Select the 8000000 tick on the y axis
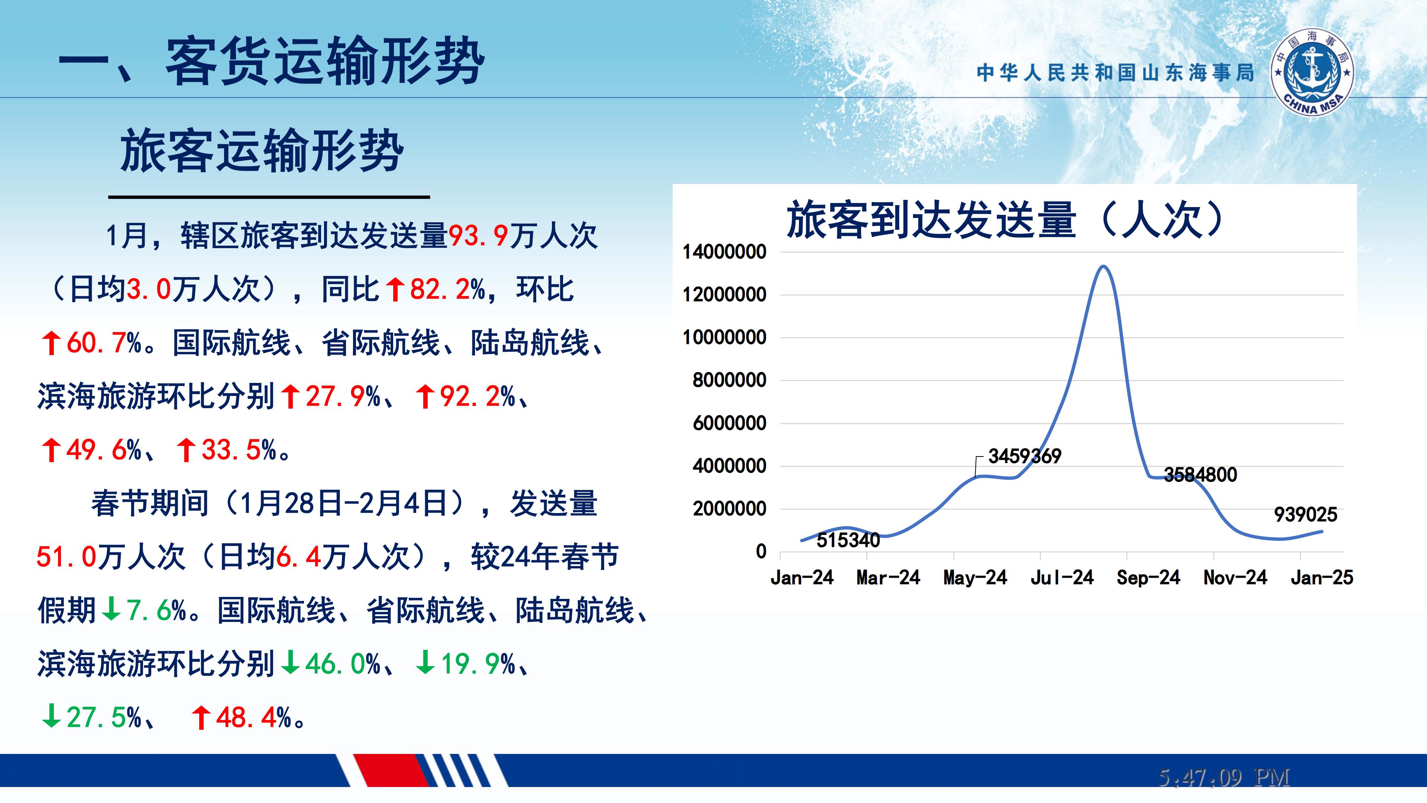click(x=729, y=380)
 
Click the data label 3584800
click(x=1200, y=474)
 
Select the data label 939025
click(x=1306, y=515)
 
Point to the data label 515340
click(x=848, y=540)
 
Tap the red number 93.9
click(x=478, y=236)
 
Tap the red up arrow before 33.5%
click(x=186, y=449)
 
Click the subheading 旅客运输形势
click(x=262, y=150)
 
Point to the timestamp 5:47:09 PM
click(x=1224, y=777)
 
